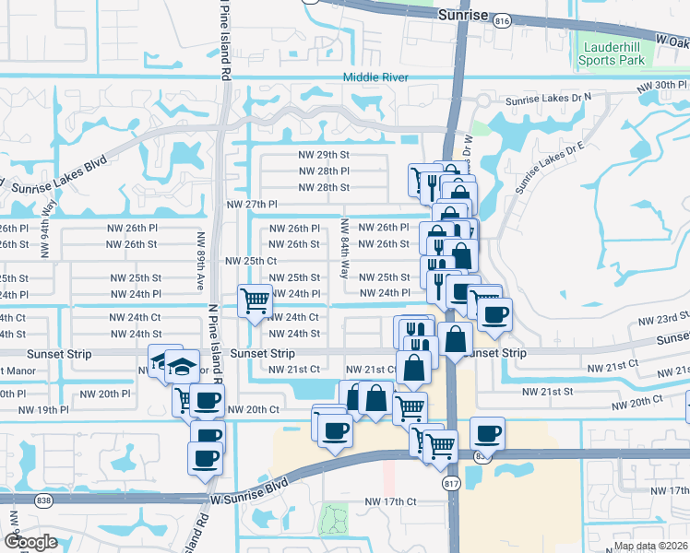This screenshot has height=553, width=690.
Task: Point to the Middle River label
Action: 375,77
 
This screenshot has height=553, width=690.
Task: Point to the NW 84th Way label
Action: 344,249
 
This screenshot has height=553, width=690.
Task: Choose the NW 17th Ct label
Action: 391,501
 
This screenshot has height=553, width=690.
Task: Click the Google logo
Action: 30,542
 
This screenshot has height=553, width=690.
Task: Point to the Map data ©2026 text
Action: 651,546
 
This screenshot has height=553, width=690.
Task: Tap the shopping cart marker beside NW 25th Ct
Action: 255,300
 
